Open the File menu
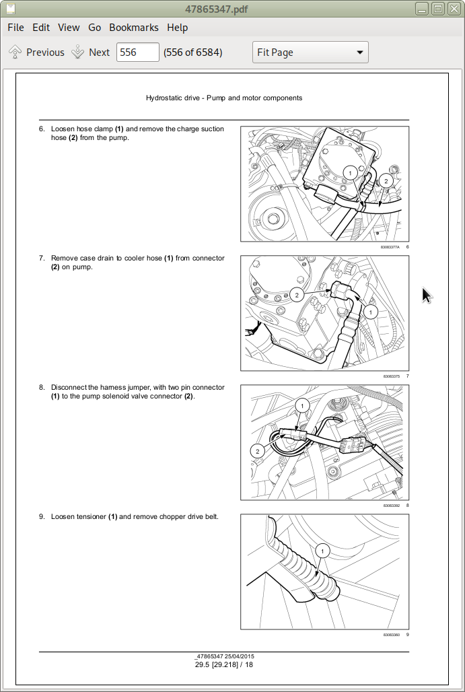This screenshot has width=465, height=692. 15,28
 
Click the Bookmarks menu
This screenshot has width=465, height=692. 134,28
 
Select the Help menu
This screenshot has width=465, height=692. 178,28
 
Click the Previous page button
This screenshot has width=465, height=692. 36,53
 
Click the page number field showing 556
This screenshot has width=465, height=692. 137,53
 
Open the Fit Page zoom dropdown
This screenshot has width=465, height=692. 310,53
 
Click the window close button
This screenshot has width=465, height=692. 453,9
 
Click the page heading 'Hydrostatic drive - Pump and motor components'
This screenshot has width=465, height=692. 224,98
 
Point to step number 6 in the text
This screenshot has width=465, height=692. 42,129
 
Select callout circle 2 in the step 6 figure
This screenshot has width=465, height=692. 385,180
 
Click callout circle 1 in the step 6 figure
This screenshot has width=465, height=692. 349,173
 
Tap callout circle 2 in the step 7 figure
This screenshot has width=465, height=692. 296,295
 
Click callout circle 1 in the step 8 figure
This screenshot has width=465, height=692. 302,405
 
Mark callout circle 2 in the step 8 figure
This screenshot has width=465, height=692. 258,450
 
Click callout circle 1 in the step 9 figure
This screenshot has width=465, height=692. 322,551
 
